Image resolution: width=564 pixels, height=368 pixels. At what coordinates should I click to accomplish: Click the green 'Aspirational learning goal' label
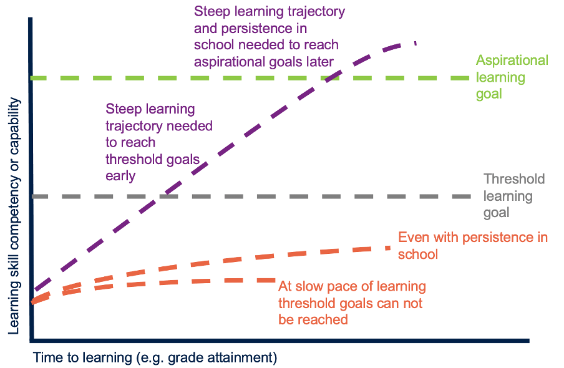point(512,77)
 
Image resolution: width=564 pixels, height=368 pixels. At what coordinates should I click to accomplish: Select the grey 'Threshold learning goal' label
point(514,196)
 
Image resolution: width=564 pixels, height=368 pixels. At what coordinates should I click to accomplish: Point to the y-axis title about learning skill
point(14,216)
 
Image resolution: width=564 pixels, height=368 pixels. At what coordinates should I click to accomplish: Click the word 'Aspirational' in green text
point(512,61)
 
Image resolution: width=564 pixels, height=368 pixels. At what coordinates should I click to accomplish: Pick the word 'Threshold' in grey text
point(514,179)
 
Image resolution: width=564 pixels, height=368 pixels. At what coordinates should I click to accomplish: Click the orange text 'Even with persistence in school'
point(473,246)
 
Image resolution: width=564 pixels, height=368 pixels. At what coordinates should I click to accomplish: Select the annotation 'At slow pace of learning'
point(352,286)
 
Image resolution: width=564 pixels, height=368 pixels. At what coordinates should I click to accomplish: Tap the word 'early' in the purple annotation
point(120,177)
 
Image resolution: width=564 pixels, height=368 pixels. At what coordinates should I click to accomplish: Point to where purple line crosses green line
point(333,78)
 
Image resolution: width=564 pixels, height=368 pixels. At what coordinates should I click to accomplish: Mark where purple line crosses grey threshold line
point(160,196)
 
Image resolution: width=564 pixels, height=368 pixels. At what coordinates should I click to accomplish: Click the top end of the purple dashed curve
point(416,43)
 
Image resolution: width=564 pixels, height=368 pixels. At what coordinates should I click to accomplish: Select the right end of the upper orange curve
point(389,248)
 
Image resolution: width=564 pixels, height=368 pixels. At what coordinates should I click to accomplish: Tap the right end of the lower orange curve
point(275,280)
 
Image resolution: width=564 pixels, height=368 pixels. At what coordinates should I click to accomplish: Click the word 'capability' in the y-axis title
point(14,127)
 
